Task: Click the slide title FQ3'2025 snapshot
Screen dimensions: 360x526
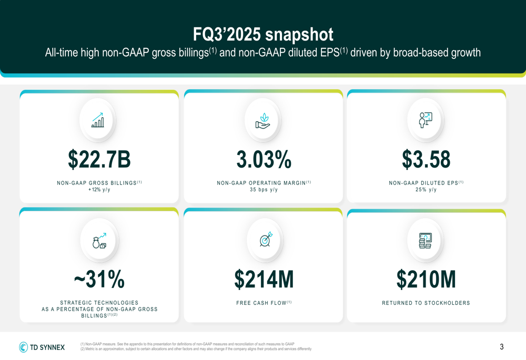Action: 263,35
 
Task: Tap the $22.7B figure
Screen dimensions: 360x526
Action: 99,159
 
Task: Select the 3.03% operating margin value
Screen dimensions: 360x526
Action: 264,159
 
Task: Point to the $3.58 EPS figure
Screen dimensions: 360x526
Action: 426,159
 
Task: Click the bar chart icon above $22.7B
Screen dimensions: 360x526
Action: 98,120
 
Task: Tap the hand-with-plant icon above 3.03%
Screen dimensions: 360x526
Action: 262,120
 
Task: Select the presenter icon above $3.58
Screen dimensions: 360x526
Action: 426,120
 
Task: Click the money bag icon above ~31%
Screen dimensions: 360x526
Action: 99,241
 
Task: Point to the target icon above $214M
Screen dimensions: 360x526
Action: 266,239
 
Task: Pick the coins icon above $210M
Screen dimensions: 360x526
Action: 425,241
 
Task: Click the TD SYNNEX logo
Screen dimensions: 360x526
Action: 42,347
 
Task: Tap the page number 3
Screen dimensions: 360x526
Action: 502,347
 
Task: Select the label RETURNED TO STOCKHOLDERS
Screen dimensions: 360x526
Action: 426,303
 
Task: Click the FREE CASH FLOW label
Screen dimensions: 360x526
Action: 264,303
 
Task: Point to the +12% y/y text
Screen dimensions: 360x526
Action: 99,190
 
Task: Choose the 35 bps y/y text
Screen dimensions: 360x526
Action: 264,190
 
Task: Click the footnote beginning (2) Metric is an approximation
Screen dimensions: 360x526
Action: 196,349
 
